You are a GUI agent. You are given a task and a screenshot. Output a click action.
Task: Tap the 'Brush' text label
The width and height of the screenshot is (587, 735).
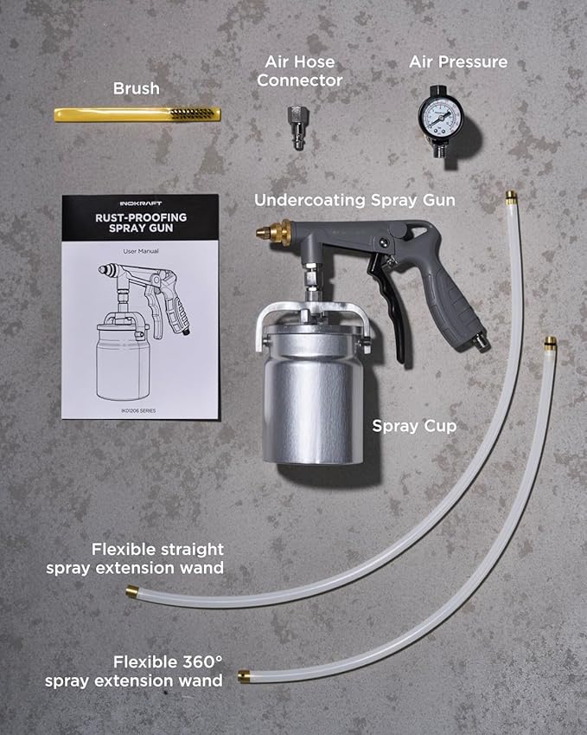pyautogui.click(x=136, y=88)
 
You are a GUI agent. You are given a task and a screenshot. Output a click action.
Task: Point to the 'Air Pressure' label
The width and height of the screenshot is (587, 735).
pyautogui.click(x=457, y=61)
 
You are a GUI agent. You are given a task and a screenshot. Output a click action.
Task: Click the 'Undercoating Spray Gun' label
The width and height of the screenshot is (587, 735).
pyautogui.click(x=354, y=200)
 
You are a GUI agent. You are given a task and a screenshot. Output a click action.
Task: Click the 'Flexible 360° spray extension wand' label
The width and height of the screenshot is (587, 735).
pyautogui.click(x=134, y=672)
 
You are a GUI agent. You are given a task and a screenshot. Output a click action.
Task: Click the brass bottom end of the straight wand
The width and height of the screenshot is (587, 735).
pyautogui.click(x=132, y=592)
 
